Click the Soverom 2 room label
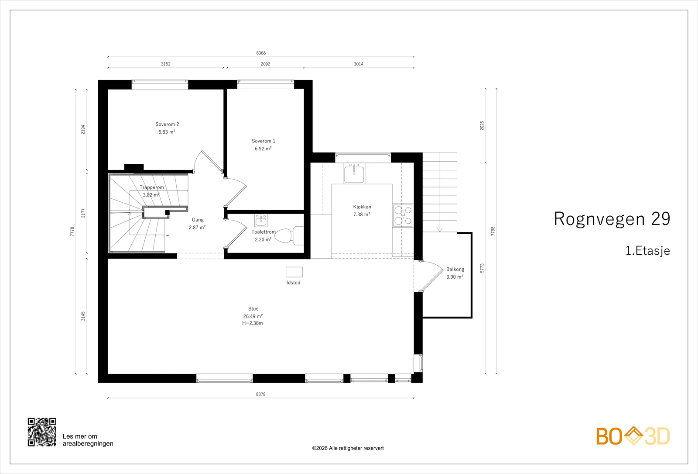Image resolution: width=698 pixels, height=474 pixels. click(168, 124)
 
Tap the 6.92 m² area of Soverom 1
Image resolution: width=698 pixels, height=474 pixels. click(263, 149)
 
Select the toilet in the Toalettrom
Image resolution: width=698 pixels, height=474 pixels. click(289, 235)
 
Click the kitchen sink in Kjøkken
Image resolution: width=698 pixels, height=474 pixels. click(354, 173)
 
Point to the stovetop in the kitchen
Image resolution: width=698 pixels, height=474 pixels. click(403, 216)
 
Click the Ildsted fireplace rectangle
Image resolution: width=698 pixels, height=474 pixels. click(294, 272)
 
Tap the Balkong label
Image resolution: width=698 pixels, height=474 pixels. click(455, 269)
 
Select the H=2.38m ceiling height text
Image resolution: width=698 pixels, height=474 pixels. click(253, 323)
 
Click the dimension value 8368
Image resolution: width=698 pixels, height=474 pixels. click(261, 53)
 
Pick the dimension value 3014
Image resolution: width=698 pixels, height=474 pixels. click(359, 64)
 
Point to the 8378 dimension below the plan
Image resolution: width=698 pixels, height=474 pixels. click(261, 394)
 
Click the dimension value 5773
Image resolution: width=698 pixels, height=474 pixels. click(482, 268)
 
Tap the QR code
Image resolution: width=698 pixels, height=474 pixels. click(42, 432)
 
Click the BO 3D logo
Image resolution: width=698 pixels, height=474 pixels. click(633, 436)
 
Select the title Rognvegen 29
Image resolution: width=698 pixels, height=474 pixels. click(612, 218)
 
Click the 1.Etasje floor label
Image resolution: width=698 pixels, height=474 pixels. click(648, 251)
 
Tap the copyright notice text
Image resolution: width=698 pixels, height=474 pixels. click(348, 448)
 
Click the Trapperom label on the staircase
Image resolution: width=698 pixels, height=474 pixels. click(152, 187)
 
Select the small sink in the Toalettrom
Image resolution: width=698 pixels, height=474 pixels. click(261, 220)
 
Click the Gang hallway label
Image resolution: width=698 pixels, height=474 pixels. click(198, 220)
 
